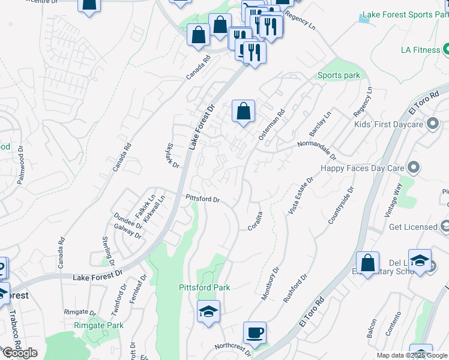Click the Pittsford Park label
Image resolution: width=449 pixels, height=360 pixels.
click(x=204, y=288)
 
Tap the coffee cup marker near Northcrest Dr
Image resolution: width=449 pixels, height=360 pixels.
click(x=255, y=332)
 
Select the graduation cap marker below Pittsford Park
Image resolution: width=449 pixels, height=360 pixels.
click(x=208, y=311)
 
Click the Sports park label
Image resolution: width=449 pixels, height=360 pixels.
click(x=339, y=75)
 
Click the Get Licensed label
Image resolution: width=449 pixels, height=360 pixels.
click(x=413, y=227)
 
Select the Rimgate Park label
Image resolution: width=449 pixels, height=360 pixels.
click(x=98, y=325)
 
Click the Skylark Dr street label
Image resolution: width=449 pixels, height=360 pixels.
click(x=169, y=157)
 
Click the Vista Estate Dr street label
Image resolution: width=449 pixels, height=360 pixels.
click(x=301, y=196)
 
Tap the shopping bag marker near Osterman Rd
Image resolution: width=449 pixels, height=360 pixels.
click(x=243, y=111)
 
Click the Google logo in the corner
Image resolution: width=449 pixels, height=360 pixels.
click(x=19, y=353)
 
